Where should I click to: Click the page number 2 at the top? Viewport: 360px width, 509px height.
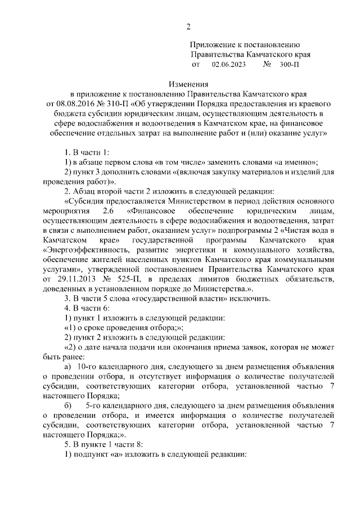[x=188, y=26]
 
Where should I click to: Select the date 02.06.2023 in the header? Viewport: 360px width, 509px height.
[x=229, y=65]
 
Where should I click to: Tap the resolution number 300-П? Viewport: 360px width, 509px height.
[x=289, y=65]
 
